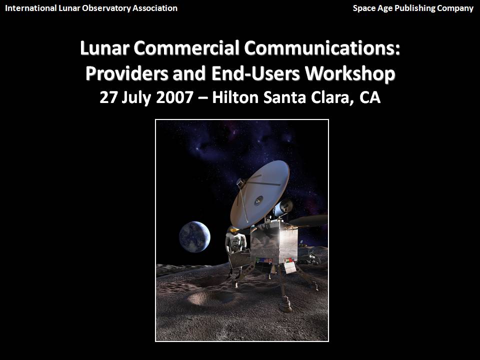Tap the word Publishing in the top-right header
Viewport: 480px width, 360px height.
(x=414, y=8)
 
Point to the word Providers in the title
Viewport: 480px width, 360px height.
(x=126, y=73)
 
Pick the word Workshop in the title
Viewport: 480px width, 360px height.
(x=350, y=73)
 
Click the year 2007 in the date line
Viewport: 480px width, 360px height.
(x=175, y=97)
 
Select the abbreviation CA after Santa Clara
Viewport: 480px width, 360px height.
(x=370, y=97)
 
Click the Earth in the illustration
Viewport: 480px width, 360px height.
(x=194, y=236)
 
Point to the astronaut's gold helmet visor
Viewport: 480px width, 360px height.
(x=234, y=229)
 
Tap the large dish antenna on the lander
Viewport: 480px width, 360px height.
(x=260, y=194)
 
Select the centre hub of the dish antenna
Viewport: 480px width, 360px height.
(x=259, y=200)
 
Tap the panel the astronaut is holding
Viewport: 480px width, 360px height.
(x=239, y=259)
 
